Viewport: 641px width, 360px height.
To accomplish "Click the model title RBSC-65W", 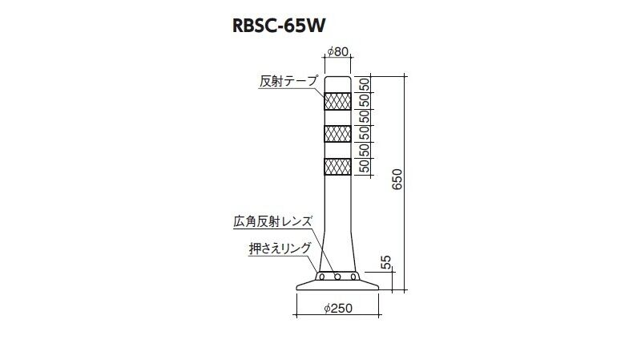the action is pyautogui.click(x=279, y=26).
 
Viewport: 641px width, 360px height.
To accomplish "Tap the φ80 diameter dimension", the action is pyautogui.click(x=338, y=51).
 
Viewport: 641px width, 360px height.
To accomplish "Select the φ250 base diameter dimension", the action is pyautogui.click(x=338, y=308).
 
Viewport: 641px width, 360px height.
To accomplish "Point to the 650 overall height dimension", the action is pyautogui.click(x=397, y=179).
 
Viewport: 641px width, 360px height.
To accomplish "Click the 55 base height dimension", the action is pyautogui.click(x=386, y=263).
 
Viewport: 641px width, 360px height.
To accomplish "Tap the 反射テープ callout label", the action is pyautogui.click(x=288, y=81).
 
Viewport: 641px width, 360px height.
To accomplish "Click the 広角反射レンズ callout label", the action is pyautogui.click(x=272, y=221).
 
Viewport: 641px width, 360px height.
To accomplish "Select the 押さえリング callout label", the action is pyautogui.click(x=280, y=248).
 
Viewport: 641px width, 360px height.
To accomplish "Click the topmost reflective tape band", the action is pyautogui.click(x=337, y=101).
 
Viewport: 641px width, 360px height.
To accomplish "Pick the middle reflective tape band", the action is pyautogui.click(x=337, y=134).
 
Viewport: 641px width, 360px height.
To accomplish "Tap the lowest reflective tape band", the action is pyautogui.click(x=337, y=167).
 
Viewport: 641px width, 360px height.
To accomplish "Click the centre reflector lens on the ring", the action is pyautogui.click(x=337, y=277).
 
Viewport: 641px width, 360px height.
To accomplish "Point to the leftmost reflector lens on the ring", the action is pyautogui.click(x=322, y=277).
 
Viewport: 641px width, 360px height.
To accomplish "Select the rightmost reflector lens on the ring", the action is pyautogui.click(x=353, y=277).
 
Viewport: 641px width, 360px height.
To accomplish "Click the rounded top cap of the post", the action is pyautogui.click(x=337, y=84).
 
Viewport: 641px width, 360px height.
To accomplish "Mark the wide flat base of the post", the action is pyautogui.click(x=337, y=286).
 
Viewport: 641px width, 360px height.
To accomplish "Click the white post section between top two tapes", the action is pyautogui.click(x=337, y=117).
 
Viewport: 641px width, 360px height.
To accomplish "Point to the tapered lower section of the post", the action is pyautogui.click(x=337, y=250).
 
